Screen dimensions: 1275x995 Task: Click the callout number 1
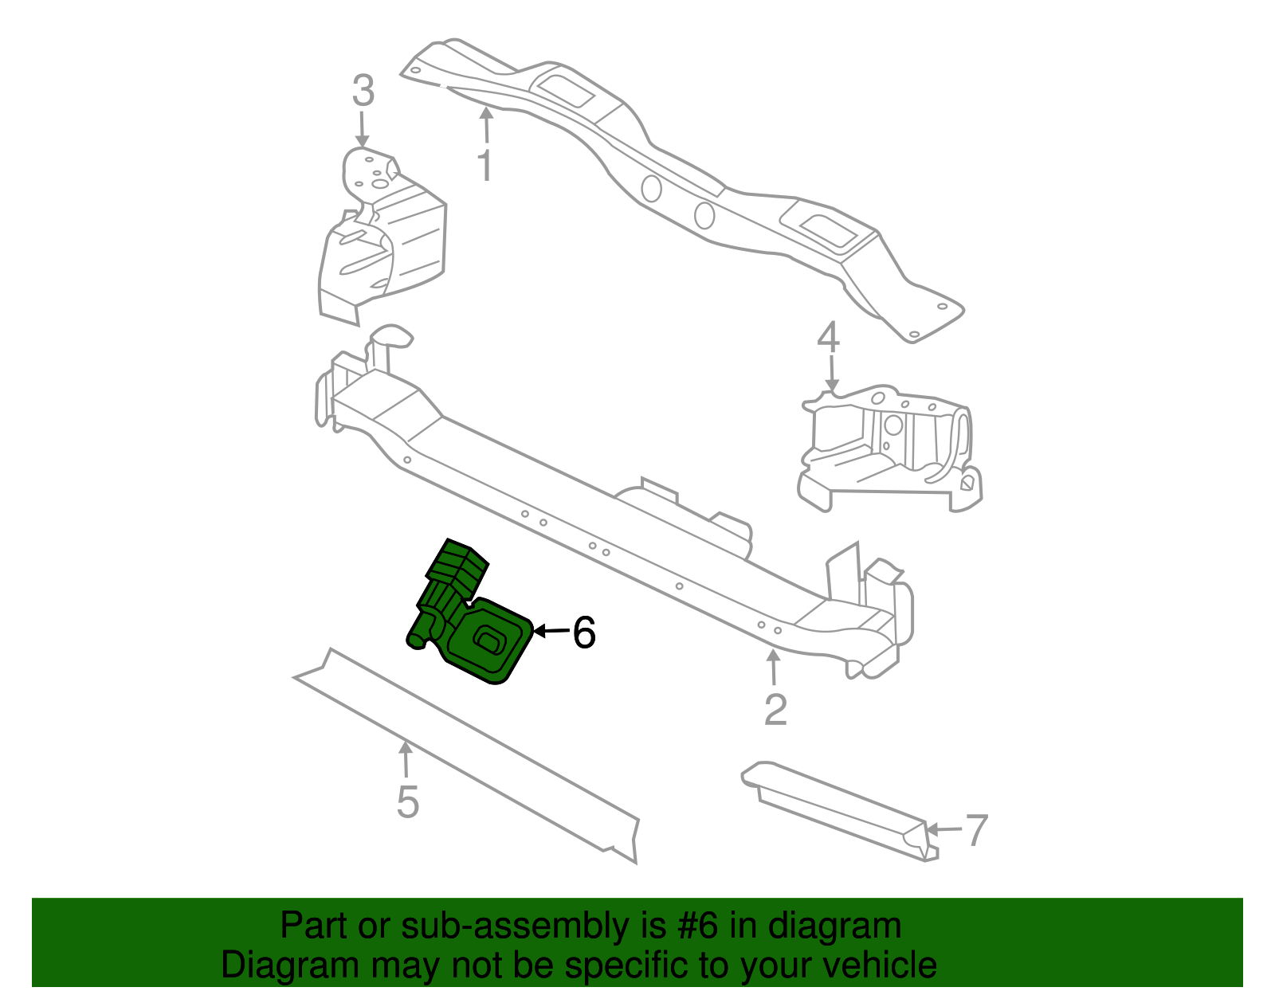(x=484, y=165)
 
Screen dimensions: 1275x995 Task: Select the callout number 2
(x=775, y=709)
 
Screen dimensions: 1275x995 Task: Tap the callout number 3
(x=363, y=92)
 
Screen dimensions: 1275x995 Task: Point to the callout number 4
(x=829, y=339)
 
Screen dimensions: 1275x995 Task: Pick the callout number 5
(x=407, y=801)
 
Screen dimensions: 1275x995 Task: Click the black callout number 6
(x=584, y=633)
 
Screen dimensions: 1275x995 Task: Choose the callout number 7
(x=977, y=830)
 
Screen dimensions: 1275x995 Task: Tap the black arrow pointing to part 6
(x=551, y=632)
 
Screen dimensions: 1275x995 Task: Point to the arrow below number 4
(x=831, y=374)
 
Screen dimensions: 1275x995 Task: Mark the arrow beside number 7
(x=943, y=830)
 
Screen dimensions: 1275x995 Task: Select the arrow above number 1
(x=485, y=125)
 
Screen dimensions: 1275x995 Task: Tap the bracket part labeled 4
(x=889, y=446)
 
